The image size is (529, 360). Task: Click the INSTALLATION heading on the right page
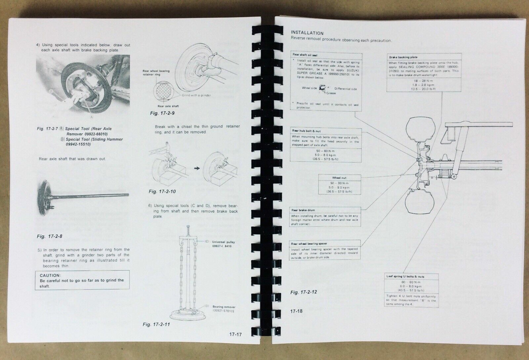coord(307,33)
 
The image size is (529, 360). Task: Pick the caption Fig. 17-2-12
coord(304,292)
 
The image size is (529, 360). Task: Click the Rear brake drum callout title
coord(303,210)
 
